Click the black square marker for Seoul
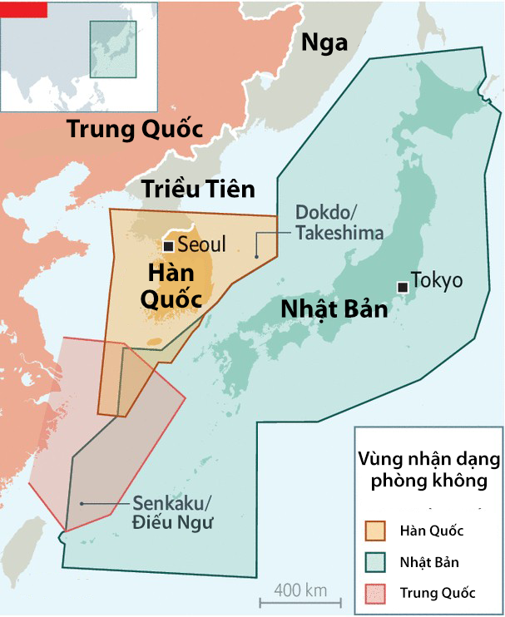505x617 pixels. pyautogui.click(x=168, y=246)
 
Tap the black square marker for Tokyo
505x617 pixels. pyautogui.click(x=403, y=287)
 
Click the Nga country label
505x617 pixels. pyautogui.click(x=324, y=42)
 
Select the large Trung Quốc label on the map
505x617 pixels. pyautogui.click(x=135, y=131)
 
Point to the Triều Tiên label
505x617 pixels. pyautogui.click(x=197, y=189)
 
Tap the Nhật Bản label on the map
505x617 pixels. pyautogui.click(x=334, y=308)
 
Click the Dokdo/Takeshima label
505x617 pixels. pyautogui.click(x=339, y=223)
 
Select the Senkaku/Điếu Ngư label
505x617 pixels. pyautogui.click(x=173, y=513)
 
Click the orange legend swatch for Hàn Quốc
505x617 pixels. pyautogui.click(x=377, y=531)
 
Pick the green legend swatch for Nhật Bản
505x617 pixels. pyautogui.click(x=377, y=562)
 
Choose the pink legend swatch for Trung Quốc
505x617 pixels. pyautogui.click(x=377, y=593)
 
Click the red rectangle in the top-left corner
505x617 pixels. pyautogui.click(x=23, y=9)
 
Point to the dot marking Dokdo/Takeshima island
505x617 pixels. pyautogui.click(x=257, y=254)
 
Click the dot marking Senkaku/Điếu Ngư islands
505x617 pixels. pyautogui.click(x=81, y=504)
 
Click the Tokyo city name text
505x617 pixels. pyautogui.click(x=438, y=281)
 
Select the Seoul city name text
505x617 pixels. pyautogui.click(x=201, y=246)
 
